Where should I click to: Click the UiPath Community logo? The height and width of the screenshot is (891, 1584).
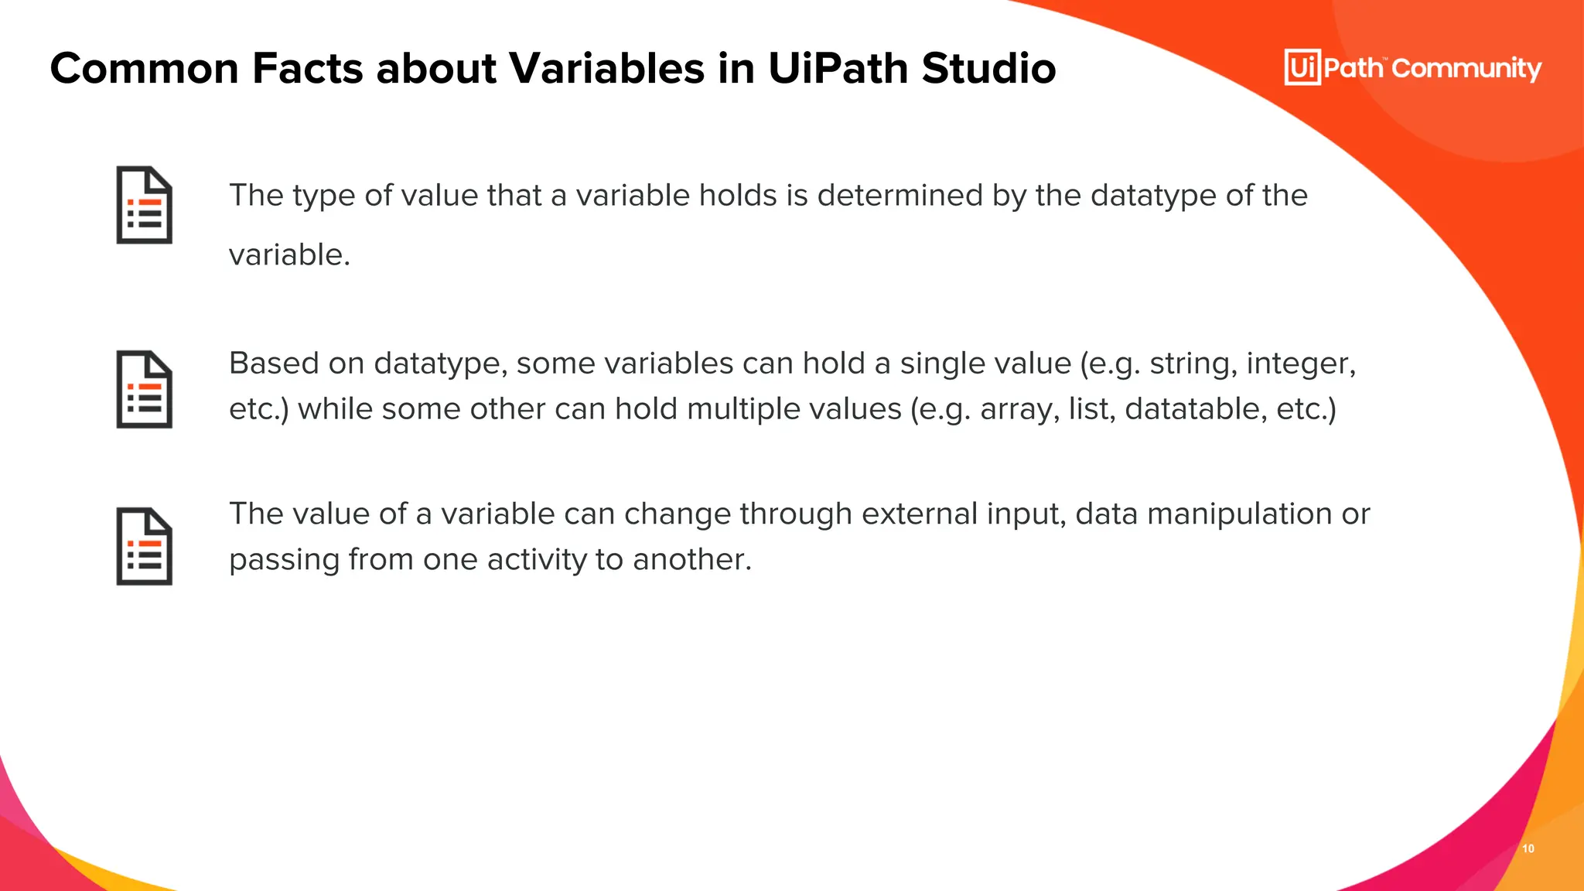pos(1412,68)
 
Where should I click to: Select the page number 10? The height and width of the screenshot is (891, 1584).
pos(1528,848)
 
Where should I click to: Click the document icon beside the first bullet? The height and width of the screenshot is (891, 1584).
pos(145,205)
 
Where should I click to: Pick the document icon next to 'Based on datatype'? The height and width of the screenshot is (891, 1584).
pos(145,389)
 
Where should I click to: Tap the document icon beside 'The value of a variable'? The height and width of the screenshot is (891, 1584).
pos(145,546)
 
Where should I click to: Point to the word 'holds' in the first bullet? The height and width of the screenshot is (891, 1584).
pos(738,196)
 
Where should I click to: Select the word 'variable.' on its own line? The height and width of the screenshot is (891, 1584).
pos(289,255)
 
